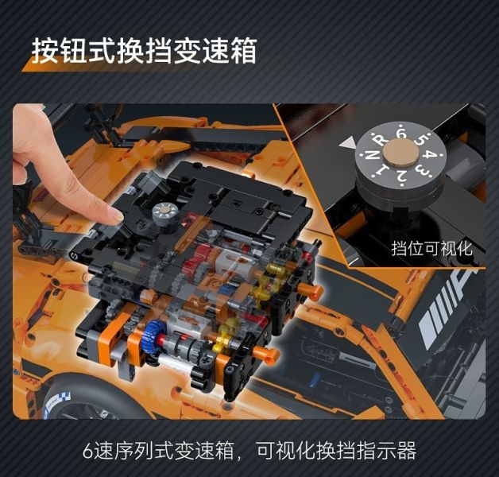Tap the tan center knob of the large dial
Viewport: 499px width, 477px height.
pos(397,156)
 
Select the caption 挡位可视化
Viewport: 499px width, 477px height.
pos(432,248)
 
